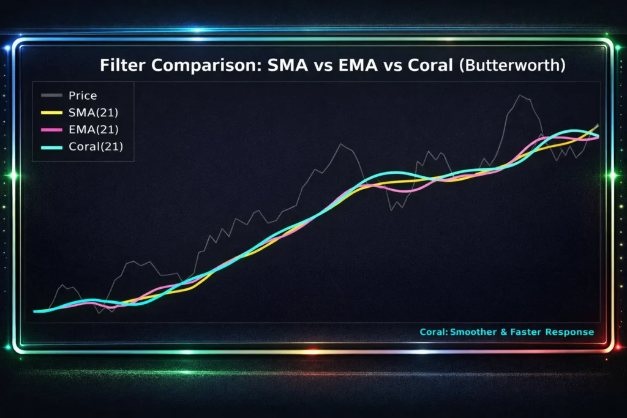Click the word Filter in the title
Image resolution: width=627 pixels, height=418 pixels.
coord(122,65)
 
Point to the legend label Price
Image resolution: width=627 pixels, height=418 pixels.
coord(83,95)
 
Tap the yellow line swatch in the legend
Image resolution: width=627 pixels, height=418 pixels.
coord(51,113)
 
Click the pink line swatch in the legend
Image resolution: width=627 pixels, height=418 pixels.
coord(51,130)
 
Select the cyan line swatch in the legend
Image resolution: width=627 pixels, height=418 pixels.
coord(51,147)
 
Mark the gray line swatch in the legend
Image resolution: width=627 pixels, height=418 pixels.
coord(51,95)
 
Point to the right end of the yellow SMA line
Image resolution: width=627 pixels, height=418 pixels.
coord(598,125)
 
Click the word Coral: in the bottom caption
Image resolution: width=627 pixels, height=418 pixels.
coord(434,332)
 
